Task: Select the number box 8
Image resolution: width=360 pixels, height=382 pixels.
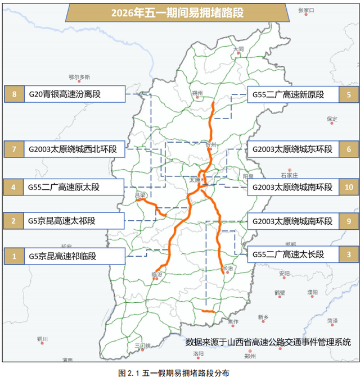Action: [x=13, y=94]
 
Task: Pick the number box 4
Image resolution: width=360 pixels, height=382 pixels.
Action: [x=13, y=187]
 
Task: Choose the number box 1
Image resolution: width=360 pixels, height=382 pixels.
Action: [x=13, y=256]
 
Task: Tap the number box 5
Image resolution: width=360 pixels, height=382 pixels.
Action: [x=349, y=94]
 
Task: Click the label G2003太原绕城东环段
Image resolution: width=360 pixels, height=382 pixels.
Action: [x=292, y=149]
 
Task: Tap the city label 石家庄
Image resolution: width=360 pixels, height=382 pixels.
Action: [x=287, y=168]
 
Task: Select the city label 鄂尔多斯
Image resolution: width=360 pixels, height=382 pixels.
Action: [x=79, y=77]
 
